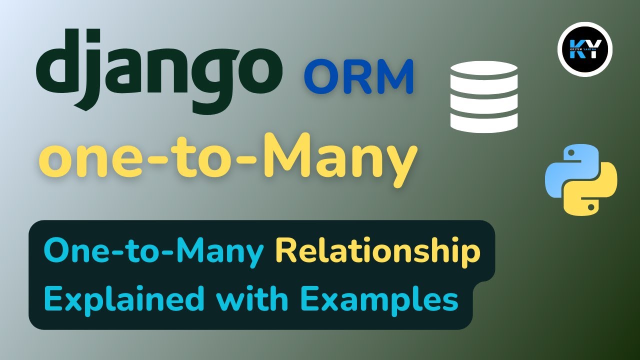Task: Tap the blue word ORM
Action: coord(358,76)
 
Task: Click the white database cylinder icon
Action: coord(483,96)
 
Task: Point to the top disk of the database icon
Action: coord(483,70)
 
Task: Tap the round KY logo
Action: coord(584,49)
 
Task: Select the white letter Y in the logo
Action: coord(593,48)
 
